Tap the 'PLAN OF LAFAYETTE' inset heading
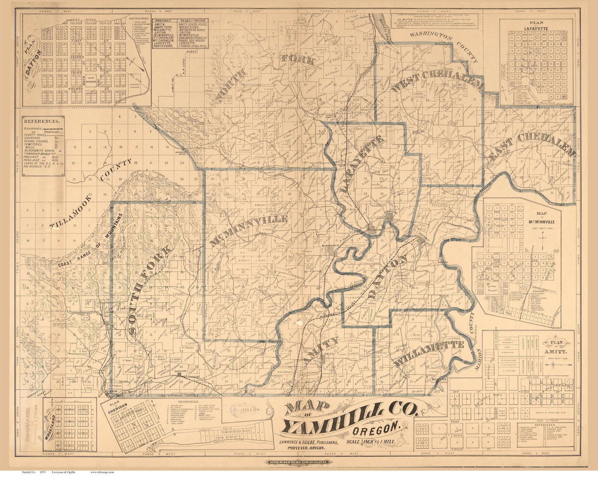tap(536, 25)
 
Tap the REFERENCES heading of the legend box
tap(41, 122)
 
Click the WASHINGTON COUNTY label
tap(444, 47)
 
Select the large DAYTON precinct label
tap(388, 277)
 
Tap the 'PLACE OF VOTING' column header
tap(193, 21)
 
